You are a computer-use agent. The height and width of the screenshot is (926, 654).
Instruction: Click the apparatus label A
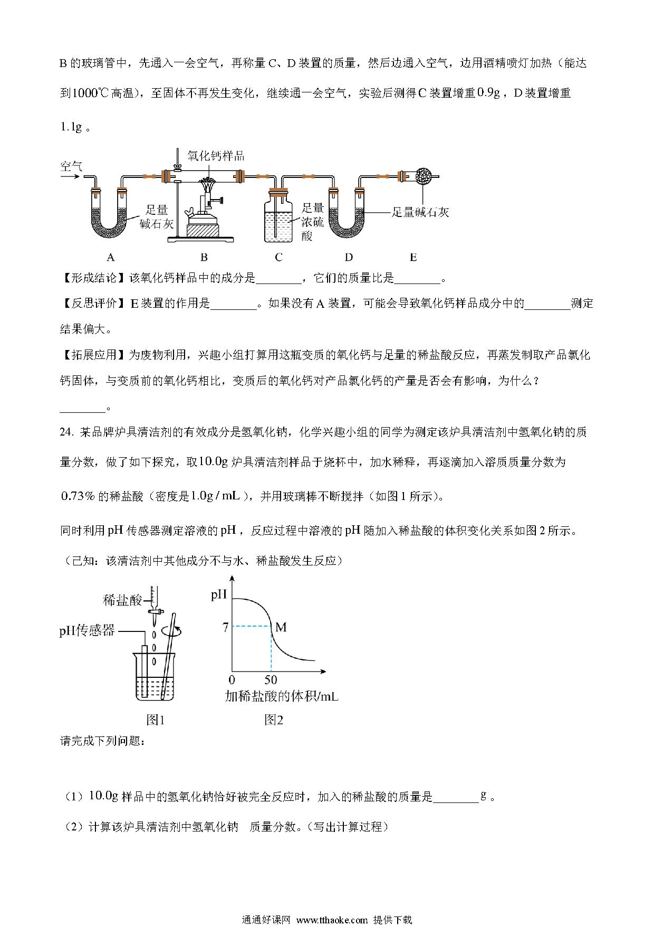point(111,257)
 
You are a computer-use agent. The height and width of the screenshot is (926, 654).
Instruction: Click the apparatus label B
point(204,257)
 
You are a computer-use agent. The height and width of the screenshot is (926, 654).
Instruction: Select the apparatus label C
point(278,257)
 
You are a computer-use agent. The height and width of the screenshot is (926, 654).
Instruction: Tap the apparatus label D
point(349,257)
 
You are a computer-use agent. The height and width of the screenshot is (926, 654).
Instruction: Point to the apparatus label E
point(413,257)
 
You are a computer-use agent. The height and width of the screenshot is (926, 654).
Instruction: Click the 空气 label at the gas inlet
point(71,167)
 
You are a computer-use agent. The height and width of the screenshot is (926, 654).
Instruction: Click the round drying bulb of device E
point(424,176)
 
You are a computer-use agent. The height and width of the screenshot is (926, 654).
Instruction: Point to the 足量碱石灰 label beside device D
point(420,212)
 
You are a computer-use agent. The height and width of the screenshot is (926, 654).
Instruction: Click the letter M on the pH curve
point(281,627)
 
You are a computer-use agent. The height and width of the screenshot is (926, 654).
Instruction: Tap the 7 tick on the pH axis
point(225,627)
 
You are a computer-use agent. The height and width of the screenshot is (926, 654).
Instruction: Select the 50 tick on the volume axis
point(271,679)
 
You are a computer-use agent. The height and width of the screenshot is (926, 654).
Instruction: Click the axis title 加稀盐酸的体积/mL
point(282,696)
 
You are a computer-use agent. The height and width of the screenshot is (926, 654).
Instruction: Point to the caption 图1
point(155,720)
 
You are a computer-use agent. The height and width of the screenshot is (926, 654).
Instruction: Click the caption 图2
point(274,720)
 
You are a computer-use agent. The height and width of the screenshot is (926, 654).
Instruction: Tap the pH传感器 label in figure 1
point(87,630)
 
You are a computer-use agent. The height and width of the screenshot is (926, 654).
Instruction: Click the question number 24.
point(67,432)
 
